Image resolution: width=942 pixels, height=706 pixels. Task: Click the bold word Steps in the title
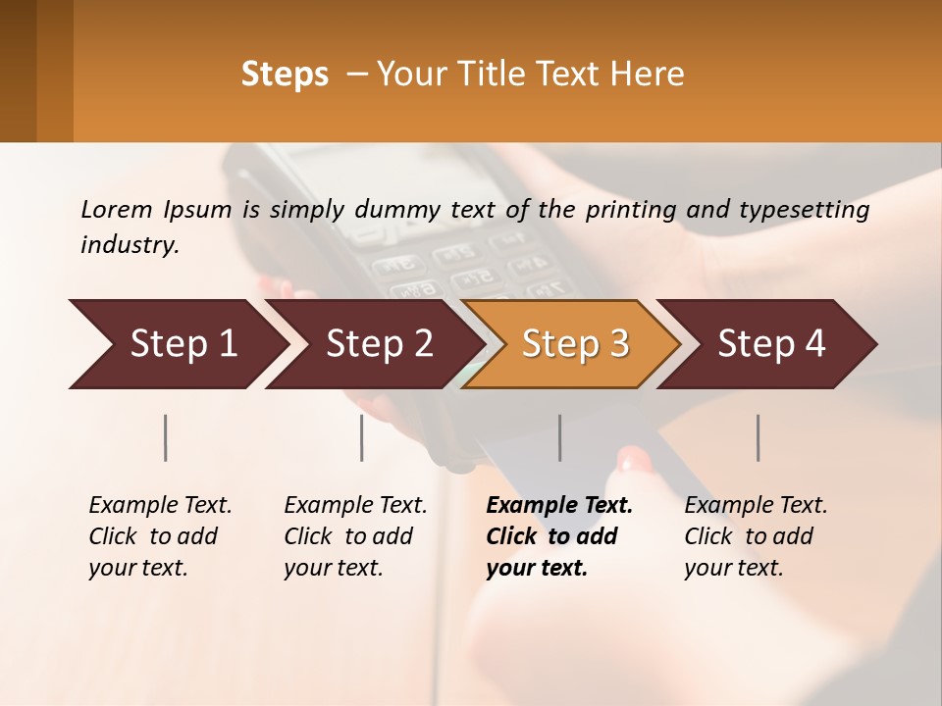(x=285, y=75)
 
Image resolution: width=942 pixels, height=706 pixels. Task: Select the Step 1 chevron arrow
(x=177, y=344)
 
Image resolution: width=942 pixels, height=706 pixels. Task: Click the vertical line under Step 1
(x=165, y=437)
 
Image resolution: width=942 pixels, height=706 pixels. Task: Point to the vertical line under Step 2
(x=362, y=437)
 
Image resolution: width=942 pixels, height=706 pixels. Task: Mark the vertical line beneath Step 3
(x=560, y=437)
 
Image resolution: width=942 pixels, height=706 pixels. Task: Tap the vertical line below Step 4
(x=759, y=437)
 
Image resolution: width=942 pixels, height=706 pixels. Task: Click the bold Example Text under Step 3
(x=559, y=506)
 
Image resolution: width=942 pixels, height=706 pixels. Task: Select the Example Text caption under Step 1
(x=160, y=506)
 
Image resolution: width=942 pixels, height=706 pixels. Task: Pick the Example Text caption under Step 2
(x=355, y=506)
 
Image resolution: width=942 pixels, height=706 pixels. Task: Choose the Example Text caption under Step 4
(x=756, y=506)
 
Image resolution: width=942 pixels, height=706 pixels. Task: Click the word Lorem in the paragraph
(x=116, y=210)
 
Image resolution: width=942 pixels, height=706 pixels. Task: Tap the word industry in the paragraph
(x=129, y=245)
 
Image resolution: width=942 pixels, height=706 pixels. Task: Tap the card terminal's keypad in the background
(x=461, y=270)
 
